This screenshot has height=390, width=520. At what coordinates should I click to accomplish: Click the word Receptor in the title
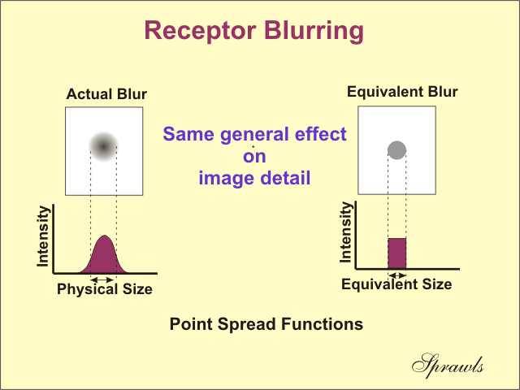tap(200, 31)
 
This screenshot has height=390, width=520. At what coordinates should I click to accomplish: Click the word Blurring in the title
tap(314, 32)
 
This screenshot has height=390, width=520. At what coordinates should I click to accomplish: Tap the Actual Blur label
tap(106, 94)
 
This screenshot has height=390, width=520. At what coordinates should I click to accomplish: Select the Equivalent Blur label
tap(402, 92)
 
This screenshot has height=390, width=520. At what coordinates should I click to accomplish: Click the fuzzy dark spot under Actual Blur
tap(103, 146)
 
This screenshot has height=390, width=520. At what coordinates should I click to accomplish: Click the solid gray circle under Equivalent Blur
tap(397, 149)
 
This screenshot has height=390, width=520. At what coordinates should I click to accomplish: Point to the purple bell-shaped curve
tap(104, 255)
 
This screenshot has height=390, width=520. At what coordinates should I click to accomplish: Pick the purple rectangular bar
tap(397, 253)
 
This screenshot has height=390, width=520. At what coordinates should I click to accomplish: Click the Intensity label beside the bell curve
tap(43, 236)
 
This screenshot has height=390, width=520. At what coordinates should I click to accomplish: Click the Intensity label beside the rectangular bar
tap(345, 232)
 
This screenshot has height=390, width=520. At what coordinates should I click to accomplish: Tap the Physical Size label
tap(105, 289)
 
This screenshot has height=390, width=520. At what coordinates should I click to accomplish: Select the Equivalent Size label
tap(396, 284)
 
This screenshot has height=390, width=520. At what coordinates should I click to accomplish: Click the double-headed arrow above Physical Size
tap(103, 279)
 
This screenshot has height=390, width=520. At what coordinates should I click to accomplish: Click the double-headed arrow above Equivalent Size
tap(397, 275)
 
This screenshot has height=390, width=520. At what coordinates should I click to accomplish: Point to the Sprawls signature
tap(448, 366)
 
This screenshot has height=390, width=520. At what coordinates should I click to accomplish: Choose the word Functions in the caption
tap(322, 323)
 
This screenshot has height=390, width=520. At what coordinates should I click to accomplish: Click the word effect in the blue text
tap(321, 134)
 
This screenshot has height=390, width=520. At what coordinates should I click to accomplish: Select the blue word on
tap(254, 157)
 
